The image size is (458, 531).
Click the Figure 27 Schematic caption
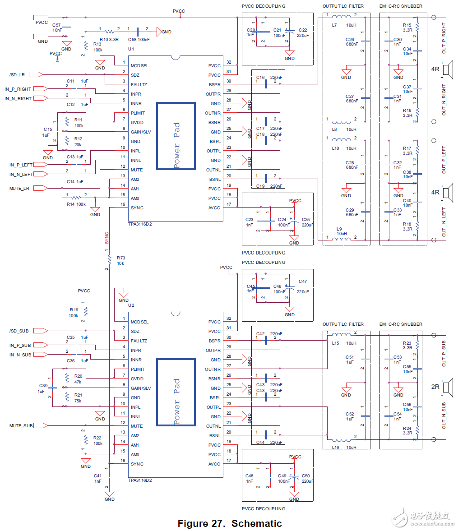(x=230, y=523)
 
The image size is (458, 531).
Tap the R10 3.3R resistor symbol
(x=109, y=32)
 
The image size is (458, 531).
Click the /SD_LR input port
(x=38, y=74)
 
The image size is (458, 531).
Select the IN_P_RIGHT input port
(x=39, y=89)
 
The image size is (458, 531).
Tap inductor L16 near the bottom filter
(x=341, y=439)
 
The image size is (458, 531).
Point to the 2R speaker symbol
(x=447, y=387)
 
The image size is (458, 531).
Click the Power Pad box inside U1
(x=176, y=136)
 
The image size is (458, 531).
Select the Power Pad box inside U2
(x=176, y=392)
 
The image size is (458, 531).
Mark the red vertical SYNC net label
(x=107, y=238)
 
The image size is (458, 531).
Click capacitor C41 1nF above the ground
(x=109, y=477)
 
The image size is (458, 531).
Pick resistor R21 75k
(x=67, y=397)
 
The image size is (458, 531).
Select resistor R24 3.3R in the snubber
(x=418, y=429)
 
